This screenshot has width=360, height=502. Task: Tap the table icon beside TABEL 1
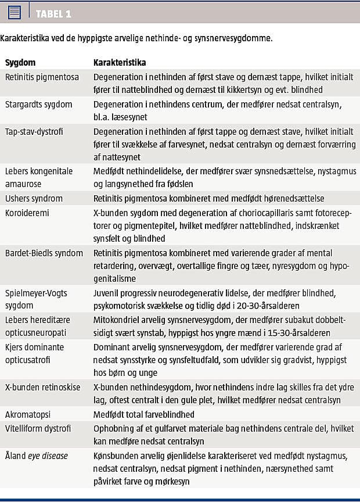(x=15, y=12)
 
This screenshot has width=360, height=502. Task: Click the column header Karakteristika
(x=120, y=62)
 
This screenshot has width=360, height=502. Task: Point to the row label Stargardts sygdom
(x=38, y=104)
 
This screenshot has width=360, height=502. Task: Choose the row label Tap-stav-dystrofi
(x=34, y=131)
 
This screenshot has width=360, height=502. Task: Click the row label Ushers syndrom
(x=34, y=198)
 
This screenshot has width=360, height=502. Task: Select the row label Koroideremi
(x=27, y=213)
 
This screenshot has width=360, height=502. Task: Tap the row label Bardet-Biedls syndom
(x=44, y=253)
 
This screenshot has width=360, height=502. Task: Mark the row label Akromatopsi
(x=28, y=414)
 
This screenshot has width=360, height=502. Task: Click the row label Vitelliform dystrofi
(x=38, y=428)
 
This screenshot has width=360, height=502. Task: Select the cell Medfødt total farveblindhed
(x=144, y=414)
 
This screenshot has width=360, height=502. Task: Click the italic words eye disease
(x=49, y=456)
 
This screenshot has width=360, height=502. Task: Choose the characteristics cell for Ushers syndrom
(x=208, y=198)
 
